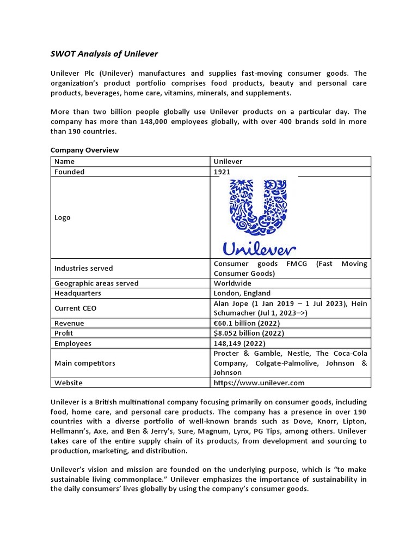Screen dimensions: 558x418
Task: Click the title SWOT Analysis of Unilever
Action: tap(104, 54)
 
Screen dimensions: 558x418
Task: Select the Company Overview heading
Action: tap(84, 150)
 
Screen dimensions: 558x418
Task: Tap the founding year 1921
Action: tap(222, 172)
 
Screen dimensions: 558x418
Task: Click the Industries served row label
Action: tap(84, 268)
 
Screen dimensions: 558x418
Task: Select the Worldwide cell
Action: tap(232, 283)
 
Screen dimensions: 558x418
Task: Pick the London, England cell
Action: tap(242, 293)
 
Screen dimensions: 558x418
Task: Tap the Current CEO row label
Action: tap(75, 308)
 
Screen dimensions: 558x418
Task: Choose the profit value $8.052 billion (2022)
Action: tap(249, 333)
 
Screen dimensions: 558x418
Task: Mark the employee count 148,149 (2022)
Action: tap(239, 343)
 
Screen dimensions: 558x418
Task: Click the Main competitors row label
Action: tap(84, 363)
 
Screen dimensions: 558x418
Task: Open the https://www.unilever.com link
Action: tap(259, 383)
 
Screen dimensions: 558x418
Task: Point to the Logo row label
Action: tap(62, 217)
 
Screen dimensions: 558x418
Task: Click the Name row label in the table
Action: tap(64, 161)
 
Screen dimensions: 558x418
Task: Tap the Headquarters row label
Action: tap(77, 293)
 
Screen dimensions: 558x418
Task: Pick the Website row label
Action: tap(69, 383)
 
